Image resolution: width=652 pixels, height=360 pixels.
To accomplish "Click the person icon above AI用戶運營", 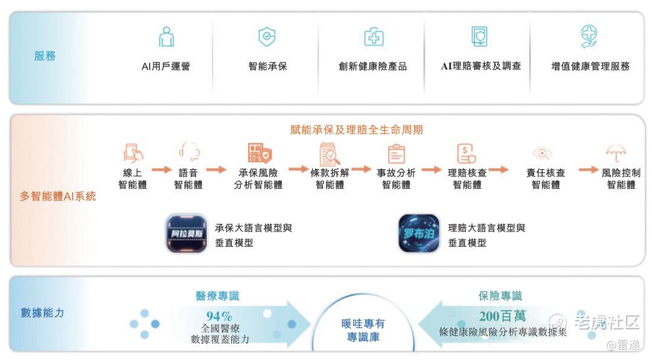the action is [x=167, y=37].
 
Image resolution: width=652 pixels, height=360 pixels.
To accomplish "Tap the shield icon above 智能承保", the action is [x=267, y=37].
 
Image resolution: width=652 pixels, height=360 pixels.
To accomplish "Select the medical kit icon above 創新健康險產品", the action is [x=374, y=37].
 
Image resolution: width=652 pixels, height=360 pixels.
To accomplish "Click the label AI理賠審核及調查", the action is [x=481, y=66].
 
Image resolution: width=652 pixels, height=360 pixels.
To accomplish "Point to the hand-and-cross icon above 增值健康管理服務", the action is [x=589, y=36].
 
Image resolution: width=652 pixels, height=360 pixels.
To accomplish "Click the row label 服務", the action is [x=45, y=56].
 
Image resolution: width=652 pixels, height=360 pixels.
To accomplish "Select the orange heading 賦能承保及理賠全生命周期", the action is [x=356, y=130].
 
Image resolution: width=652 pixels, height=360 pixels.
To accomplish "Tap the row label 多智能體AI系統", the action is [x=58, y=196].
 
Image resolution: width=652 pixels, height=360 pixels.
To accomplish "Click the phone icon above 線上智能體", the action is [x=133, y=153].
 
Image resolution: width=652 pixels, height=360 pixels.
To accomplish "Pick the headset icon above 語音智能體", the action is [x=189, y=151].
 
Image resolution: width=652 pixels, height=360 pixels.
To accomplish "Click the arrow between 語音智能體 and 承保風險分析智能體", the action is [x=216, y=169].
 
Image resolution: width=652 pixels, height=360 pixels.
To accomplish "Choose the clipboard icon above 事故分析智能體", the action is [x=396, y=153].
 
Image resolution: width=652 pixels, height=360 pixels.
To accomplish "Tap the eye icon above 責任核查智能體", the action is [x=542, y=153].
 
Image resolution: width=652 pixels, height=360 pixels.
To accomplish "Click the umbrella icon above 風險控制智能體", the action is [x=616, y=153].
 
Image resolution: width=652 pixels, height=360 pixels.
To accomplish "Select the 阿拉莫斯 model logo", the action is [x=187, y=234].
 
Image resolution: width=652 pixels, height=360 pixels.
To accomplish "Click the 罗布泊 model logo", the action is [x=419, y=233].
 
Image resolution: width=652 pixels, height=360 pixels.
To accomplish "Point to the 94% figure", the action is [x=219, y=316].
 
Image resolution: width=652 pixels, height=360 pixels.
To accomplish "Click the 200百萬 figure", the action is [x=502, y=316].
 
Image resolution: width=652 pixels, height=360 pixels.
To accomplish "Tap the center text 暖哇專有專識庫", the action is [x=363, y=330].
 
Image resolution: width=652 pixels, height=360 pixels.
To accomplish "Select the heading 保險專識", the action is [x=500, y=296].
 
